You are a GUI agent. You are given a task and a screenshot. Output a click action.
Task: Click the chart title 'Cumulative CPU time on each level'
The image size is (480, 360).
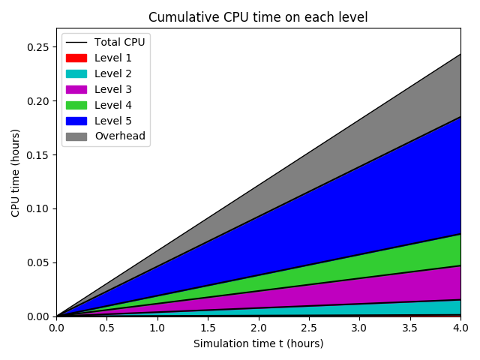click(x=258, y=17)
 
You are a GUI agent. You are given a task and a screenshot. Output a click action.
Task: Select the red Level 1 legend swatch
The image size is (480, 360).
click(x=76, y=58)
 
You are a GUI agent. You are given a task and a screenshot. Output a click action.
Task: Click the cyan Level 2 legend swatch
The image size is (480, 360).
click(x=76, y=73)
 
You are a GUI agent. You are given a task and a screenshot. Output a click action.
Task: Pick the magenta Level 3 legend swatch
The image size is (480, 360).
click(x=76, y=89)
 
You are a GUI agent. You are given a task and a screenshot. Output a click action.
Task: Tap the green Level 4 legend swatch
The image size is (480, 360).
click(x=76, y=105)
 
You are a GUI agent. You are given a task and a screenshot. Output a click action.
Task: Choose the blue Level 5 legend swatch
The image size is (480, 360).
click(x=76, y=121)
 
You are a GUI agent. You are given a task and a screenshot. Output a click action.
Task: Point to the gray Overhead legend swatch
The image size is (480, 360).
click(x=76, y=136)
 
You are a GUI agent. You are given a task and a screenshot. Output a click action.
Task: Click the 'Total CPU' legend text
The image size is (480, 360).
click(x=119, y=42)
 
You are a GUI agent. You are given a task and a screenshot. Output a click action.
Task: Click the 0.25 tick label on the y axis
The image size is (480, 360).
click(x=37, y=47)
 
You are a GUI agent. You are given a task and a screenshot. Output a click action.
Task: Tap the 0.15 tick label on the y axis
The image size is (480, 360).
click(x=37, y=155)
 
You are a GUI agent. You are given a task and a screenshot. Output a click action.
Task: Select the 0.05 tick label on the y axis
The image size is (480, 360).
click(x=37, y=262)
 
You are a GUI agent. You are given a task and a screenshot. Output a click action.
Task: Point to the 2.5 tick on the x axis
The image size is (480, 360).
click(x=309, y=316)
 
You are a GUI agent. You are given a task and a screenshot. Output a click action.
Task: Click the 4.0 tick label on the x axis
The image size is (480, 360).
click(x=460, y=328)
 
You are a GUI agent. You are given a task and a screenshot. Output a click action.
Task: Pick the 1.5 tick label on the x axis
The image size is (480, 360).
click(x=208, y=328)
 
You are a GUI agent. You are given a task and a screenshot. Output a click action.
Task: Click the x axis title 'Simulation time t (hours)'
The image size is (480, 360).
click(x=258, y=343)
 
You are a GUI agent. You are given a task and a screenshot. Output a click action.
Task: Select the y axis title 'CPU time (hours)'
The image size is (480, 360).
click(x=16, y=172)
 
